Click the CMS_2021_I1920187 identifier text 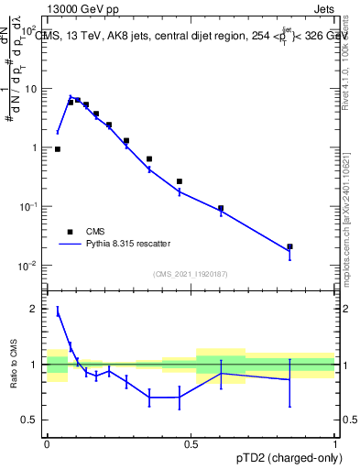(x=191, y=274)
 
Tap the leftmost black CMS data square (x=58, y=148)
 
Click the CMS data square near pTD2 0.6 (x=221, y=209)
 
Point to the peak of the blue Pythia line (x=71, y=96)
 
